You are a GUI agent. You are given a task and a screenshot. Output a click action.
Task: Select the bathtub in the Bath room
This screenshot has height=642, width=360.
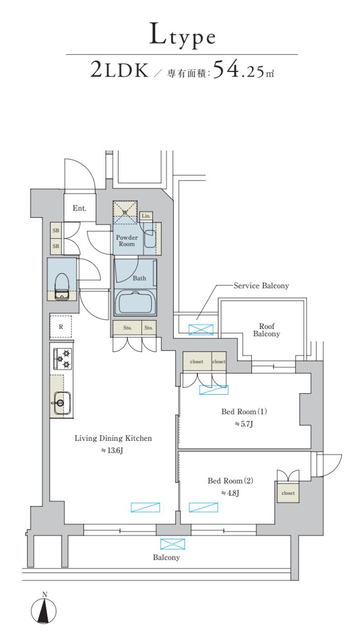135,303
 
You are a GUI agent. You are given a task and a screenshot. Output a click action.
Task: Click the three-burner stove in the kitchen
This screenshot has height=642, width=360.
63,359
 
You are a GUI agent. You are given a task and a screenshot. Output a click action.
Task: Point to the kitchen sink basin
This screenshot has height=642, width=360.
62,403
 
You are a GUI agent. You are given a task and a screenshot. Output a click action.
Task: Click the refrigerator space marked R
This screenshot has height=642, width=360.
61,327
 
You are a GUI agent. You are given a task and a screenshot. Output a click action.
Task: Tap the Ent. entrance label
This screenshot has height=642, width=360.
79,208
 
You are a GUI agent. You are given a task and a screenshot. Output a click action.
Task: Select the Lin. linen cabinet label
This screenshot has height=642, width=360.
146,216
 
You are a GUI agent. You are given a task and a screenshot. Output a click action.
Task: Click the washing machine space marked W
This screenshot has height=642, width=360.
125,212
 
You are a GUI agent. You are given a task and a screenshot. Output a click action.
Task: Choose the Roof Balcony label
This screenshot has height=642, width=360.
266,330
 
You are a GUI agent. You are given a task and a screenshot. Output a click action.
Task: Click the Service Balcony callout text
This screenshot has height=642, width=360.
261,285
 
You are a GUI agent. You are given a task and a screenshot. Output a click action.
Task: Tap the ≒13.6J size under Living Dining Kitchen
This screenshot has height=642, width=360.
112,451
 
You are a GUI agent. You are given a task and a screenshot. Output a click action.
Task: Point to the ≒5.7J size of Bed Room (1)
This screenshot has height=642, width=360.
244,423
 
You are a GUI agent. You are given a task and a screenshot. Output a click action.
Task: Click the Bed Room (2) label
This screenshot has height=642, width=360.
230,481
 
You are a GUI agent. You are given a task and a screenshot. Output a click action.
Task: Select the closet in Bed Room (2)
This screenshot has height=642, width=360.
288,493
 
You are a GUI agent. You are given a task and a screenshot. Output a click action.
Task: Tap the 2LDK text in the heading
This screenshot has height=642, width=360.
119,70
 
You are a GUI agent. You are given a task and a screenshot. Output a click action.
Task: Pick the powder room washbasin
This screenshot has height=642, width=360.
149,239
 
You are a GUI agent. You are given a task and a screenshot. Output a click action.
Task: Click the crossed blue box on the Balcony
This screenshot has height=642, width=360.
172,544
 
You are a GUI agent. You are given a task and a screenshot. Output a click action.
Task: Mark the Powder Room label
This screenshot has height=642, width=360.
127,241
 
